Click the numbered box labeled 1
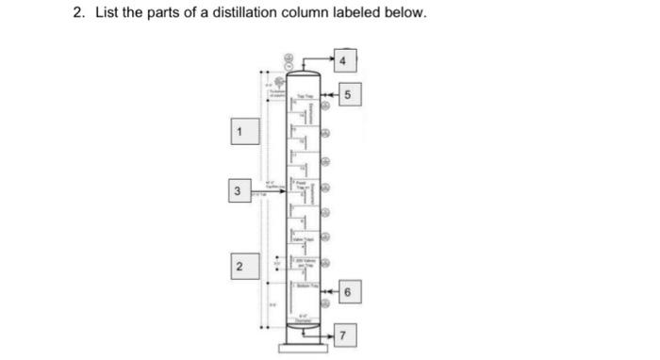(x=240, y=132)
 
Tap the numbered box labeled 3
(x=240, y=191)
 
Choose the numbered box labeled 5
(x=350, y=95)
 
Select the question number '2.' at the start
(x=79, y=15)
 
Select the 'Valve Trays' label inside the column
(x=305, y=241)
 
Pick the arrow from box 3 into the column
(x=273, y=191)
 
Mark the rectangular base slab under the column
(x=304, y=350)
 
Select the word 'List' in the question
(x=101, y=15)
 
